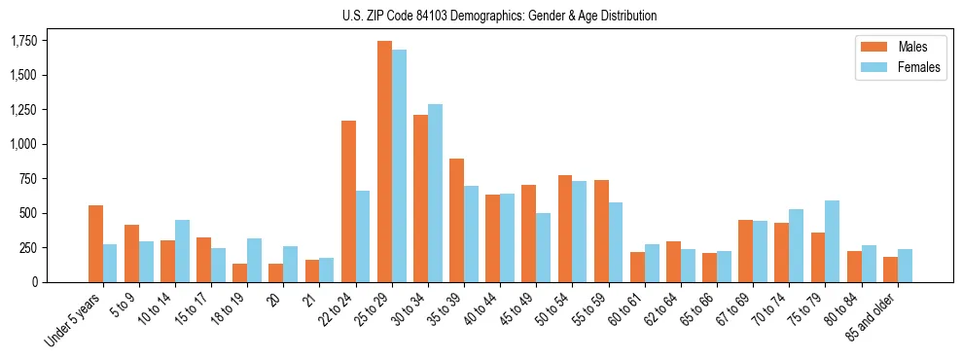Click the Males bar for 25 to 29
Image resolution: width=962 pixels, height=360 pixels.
pyautogui.click(x=384, y=162)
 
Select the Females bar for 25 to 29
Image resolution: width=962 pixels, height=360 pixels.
pyautogui.click(x=399, y=165)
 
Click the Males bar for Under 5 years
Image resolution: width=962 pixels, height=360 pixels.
pyautogui.click(x=95, y=243)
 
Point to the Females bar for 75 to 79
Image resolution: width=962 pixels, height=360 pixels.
pyautogui.click(x=832, y=241)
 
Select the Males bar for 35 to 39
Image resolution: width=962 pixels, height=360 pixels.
pyautogui.click(x=456, y=220)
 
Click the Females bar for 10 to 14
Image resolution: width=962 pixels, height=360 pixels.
pyautogui.click(x=182, y=251)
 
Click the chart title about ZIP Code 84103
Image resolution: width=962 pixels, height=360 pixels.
pyautogui.click(x=499, y=16)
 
